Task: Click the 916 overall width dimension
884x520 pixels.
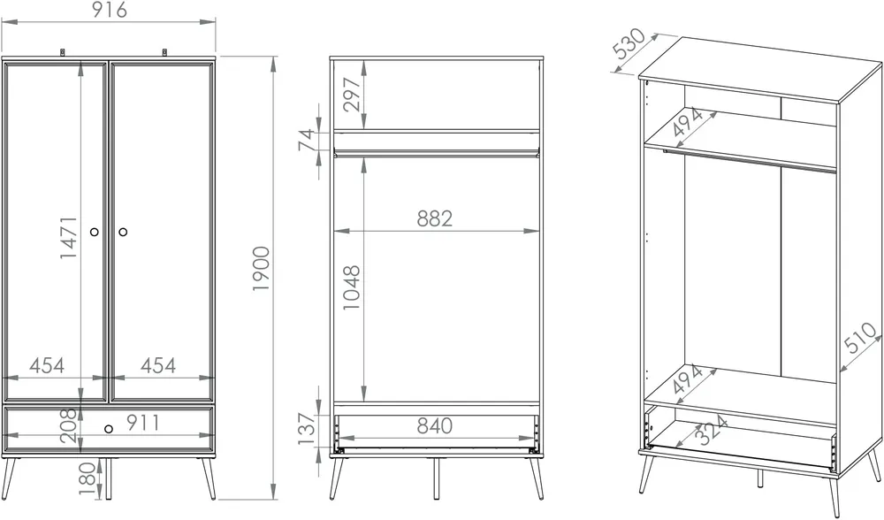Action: [x=110, y=10]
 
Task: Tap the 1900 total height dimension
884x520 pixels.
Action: [x=262, y=269]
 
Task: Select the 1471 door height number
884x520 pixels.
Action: [x=69, y=237]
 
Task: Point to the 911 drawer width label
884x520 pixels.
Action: [x=142, y=423]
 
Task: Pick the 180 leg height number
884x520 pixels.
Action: [x=88, y=478]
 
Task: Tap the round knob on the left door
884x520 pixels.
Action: [x=95, y=232]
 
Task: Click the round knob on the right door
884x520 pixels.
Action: [x=123, y=232]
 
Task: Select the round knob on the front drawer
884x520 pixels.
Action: [x=109, y=429]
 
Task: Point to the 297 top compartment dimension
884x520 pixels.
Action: [x=351, y=95]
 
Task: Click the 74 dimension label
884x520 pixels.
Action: [x=306, y=141]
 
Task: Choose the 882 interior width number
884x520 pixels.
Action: [x=435, y=218]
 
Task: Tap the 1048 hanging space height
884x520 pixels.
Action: [x=351, y=287]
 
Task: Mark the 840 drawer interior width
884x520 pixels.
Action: [x=435, y=425]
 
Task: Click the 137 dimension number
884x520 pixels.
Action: [x=306, y=429]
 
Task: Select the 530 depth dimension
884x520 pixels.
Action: [x=629, y=43]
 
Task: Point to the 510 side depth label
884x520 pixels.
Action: [x=861, y=339]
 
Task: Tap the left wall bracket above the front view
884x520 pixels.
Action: [x=63, y=52]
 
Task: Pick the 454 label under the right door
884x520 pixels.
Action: [x=158, y=365]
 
